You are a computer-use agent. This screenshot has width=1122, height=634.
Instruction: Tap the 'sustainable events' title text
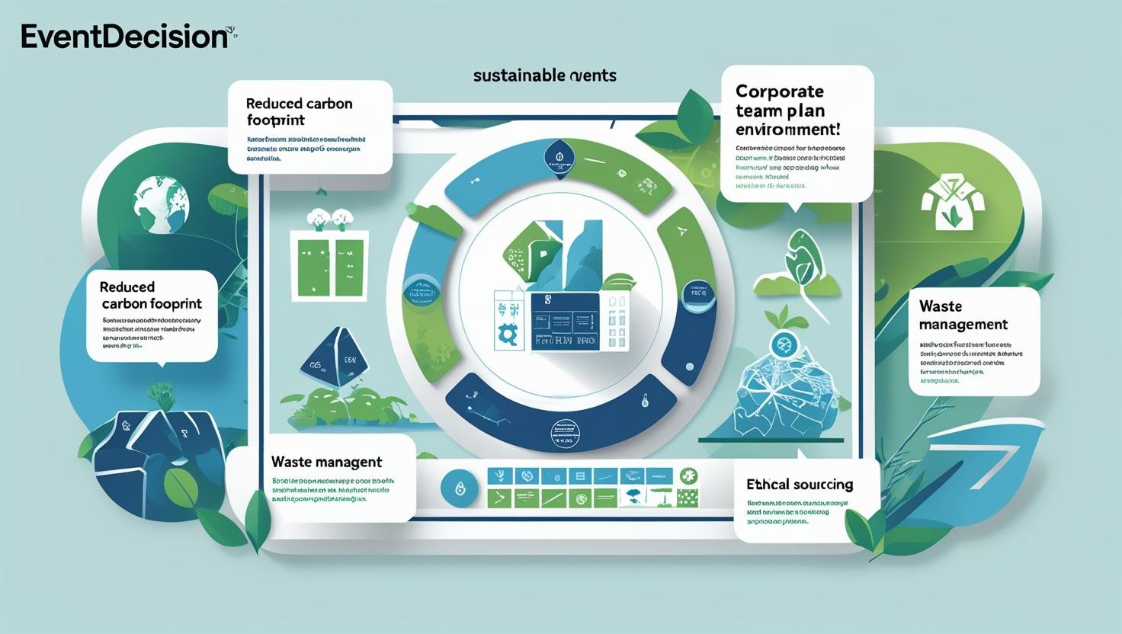click(544, 75)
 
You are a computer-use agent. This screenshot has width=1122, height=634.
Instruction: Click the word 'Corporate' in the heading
click(779, 91)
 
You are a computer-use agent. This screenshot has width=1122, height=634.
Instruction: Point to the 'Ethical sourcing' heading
click(800, 485)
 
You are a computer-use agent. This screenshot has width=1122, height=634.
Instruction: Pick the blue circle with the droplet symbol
click(460, 488)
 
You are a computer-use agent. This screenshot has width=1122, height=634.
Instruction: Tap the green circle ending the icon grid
click(688, 476)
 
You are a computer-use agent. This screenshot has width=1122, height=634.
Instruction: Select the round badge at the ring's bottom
click(565, 434)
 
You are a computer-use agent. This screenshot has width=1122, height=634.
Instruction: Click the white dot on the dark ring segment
click(690, 367)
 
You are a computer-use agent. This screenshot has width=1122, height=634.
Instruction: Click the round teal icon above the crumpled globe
click(783, 344)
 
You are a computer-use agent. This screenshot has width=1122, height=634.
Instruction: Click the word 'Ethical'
click(767, 485)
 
